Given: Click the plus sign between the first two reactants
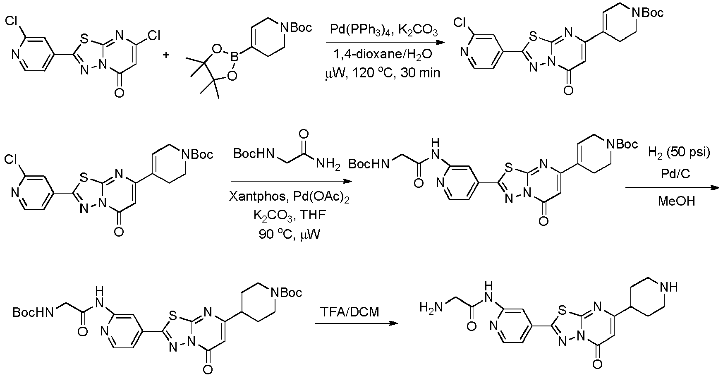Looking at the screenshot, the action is coord(167,54).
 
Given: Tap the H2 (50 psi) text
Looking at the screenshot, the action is coord(678,153).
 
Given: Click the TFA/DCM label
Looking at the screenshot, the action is coord(350,311).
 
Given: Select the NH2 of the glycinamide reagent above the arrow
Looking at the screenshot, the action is coord(328,165).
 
